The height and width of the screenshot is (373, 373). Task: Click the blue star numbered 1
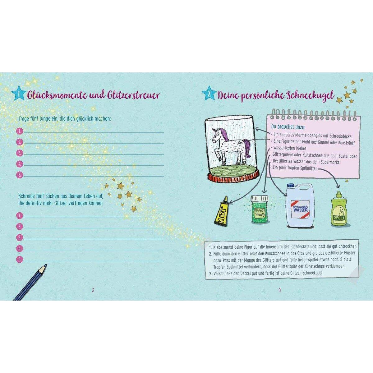pos(19,94)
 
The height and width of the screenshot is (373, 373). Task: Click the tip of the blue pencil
pos(46,265)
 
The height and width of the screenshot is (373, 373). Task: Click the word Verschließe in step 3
pos(223,274)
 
